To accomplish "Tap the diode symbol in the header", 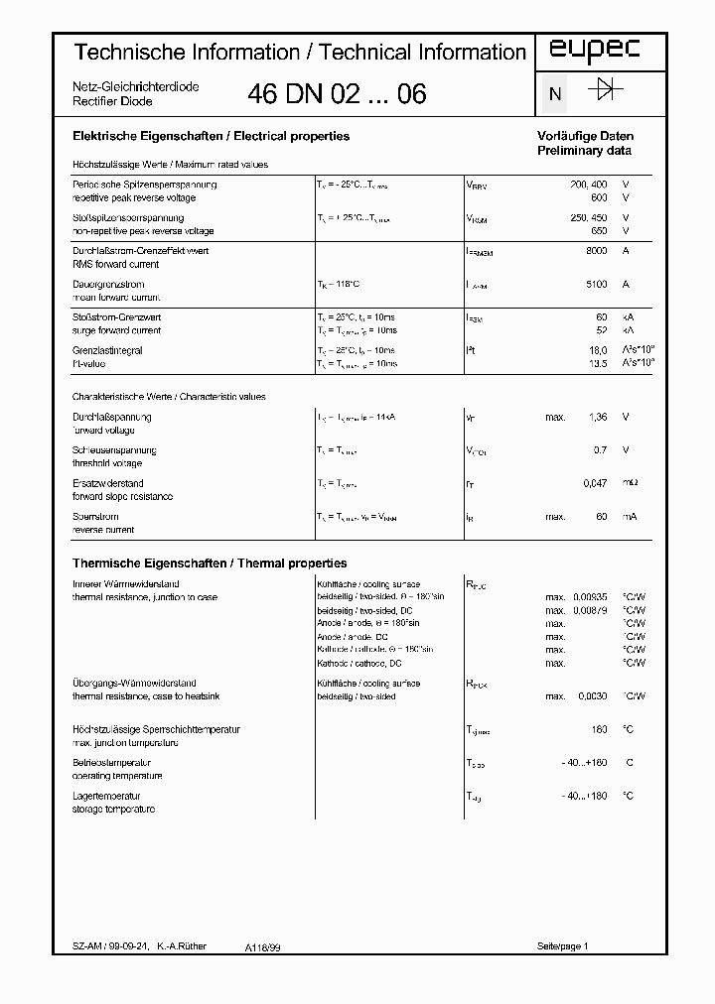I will click(x=605, y=91).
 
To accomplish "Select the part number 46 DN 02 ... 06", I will click(x=337, y=94).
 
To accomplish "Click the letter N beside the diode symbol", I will click(x=555, y=95).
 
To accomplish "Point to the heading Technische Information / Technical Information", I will click(x=301, y=52).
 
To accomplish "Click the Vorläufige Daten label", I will click(x=585, y=136).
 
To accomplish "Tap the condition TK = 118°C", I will click(x=343, y=284).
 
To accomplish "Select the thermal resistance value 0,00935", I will click(x=591, y=597).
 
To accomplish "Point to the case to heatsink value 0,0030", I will click(x=594, y=696).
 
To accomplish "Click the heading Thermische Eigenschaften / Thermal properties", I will click(x=210, y=563).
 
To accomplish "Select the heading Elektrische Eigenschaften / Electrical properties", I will click(x=211, y=136).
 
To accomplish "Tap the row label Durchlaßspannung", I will click(x=112, y=417).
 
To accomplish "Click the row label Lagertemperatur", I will click(x=107, y=796).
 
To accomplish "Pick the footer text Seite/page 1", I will click(x=563, y=946).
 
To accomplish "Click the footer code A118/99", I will click(x=263, y=947).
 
